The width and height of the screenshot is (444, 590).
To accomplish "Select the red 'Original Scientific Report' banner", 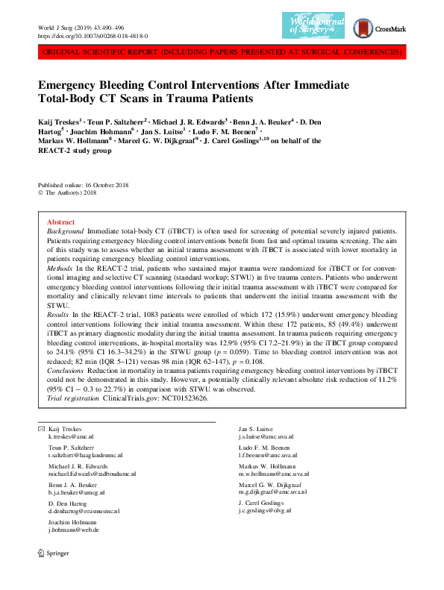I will [x=222, y=52].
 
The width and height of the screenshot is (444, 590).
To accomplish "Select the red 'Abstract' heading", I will [x=60, y=222].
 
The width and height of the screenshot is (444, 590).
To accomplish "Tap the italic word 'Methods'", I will [x=60, y=267].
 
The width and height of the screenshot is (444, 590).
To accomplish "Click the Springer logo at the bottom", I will [x=51, y=574].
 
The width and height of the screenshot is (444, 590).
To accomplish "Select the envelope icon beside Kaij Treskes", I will [x=31, y=429].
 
